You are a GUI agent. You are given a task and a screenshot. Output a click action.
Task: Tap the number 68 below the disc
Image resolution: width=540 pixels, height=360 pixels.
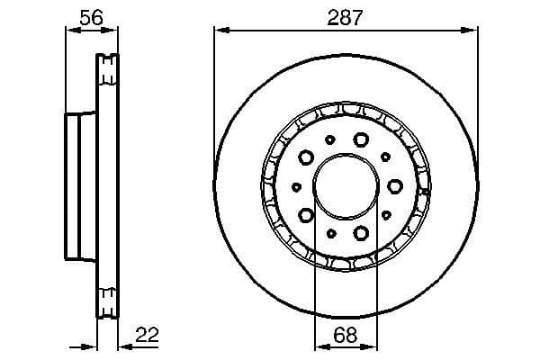click(346, 334)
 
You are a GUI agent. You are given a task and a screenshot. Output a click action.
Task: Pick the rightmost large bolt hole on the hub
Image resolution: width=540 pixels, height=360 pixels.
click(395, 186)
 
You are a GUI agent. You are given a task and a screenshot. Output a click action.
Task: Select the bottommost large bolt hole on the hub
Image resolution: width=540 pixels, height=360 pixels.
click(362, 233)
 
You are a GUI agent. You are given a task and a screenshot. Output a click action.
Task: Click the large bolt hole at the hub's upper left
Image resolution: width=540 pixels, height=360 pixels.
click(306, 157)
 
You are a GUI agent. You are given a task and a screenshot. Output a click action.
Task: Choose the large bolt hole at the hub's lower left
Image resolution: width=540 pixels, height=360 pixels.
click(306, 215)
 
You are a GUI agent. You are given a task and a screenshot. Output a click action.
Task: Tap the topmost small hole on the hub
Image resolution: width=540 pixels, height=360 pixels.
click(330, 139)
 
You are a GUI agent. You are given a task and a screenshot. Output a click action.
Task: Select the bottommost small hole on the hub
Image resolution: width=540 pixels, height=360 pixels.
click(330, 233)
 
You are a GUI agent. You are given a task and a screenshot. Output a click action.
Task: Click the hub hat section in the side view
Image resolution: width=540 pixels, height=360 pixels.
click(80, 186)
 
